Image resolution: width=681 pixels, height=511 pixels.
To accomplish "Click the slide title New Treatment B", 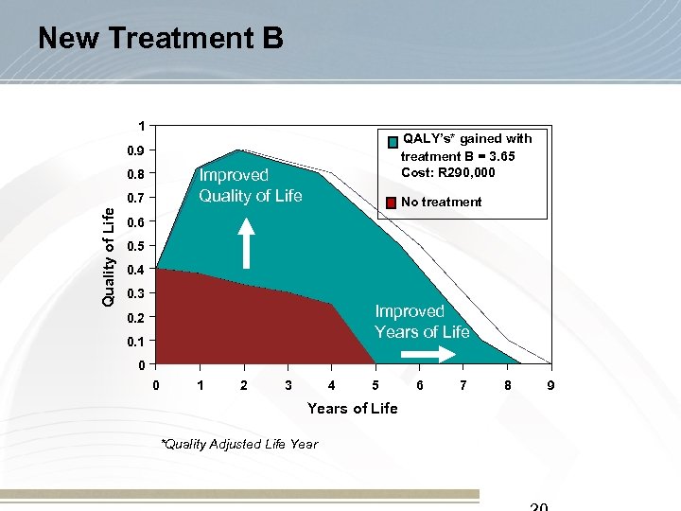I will pyautogui.click(x=160, y=38).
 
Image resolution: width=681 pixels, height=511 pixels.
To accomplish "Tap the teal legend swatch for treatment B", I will pyautogui.click(x=392, y=142).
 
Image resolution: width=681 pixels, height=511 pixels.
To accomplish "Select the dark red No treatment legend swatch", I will pyautogui.click(x=392, y=202).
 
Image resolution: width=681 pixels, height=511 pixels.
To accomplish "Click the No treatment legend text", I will pyautogui.click(x=441, y=202).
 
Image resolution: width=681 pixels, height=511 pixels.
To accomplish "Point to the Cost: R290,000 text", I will pyautogui.click(x=448, y=172).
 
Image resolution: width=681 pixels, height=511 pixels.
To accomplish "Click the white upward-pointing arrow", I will pyautogui.click(x=246, y=243).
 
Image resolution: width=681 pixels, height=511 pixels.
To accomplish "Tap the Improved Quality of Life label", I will pyautogui.click(x=250, y=185).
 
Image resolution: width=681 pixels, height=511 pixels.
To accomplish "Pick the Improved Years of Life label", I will pyautogui.click(x=422, y=322).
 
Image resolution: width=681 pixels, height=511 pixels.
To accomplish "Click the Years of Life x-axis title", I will pyautogui.click(x=352, y=408).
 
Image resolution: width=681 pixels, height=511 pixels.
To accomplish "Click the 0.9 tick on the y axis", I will pyautogui.click(x=137, y=150).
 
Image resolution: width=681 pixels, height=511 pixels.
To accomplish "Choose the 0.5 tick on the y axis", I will pyautogui.click(x=137, y=246).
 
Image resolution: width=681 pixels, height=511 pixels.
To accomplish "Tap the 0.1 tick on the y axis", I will pyautogui.click(x=137, y=341).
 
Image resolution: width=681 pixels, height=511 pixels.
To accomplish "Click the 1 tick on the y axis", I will pyautogui.click(x=141, y=127).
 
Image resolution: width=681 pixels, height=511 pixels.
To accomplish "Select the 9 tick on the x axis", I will pyautogui.click(x=550, y=385).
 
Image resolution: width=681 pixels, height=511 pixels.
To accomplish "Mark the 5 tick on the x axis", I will pyautogui.click(x=375, y=385).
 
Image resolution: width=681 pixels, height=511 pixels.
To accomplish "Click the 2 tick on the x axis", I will pyautogui.click(x=244, y=385).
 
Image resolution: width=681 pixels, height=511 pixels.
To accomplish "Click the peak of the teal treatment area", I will pyautogui.click(x=237, y=151).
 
